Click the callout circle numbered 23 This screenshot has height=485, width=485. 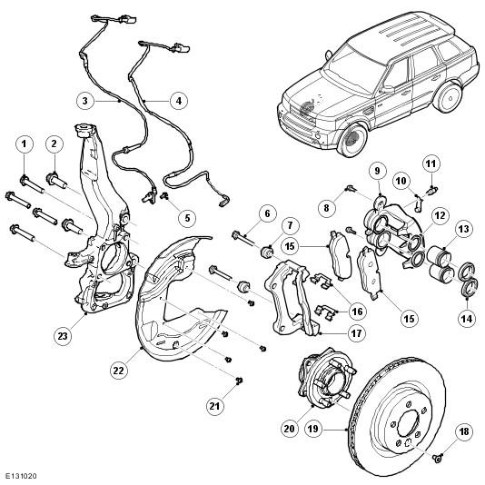(63, 336)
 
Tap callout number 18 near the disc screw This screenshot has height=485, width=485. (464, 431)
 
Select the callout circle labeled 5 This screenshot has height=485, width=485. (187, 218)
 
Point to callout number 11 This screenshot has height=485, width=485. (431, 163)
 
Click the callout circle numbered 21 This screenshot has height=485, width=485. (214, 406)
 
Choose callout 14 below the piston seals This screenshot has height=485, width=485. (467, 318)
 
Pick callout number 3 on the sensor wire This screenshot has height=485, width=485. (85, 101)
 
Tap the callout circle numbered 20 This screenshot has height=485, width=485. (290, 429)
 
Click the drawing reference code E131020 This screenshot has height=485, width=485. (21, 476)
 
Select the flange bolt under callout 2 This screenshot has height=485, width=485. (56, 180)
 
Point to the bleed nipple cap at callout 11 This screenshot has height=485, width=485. (432, 190)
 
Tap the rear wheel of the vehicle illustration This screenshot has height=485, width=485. (448, 97)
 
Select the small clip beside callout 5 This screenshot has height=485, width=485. (164, 195)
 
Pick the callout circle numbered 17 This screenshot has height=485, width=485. (356, 333)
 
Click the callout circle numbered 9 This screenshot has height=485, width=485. (377, 171)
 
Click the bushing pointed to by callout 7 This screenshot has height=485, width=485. (266, 252)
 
